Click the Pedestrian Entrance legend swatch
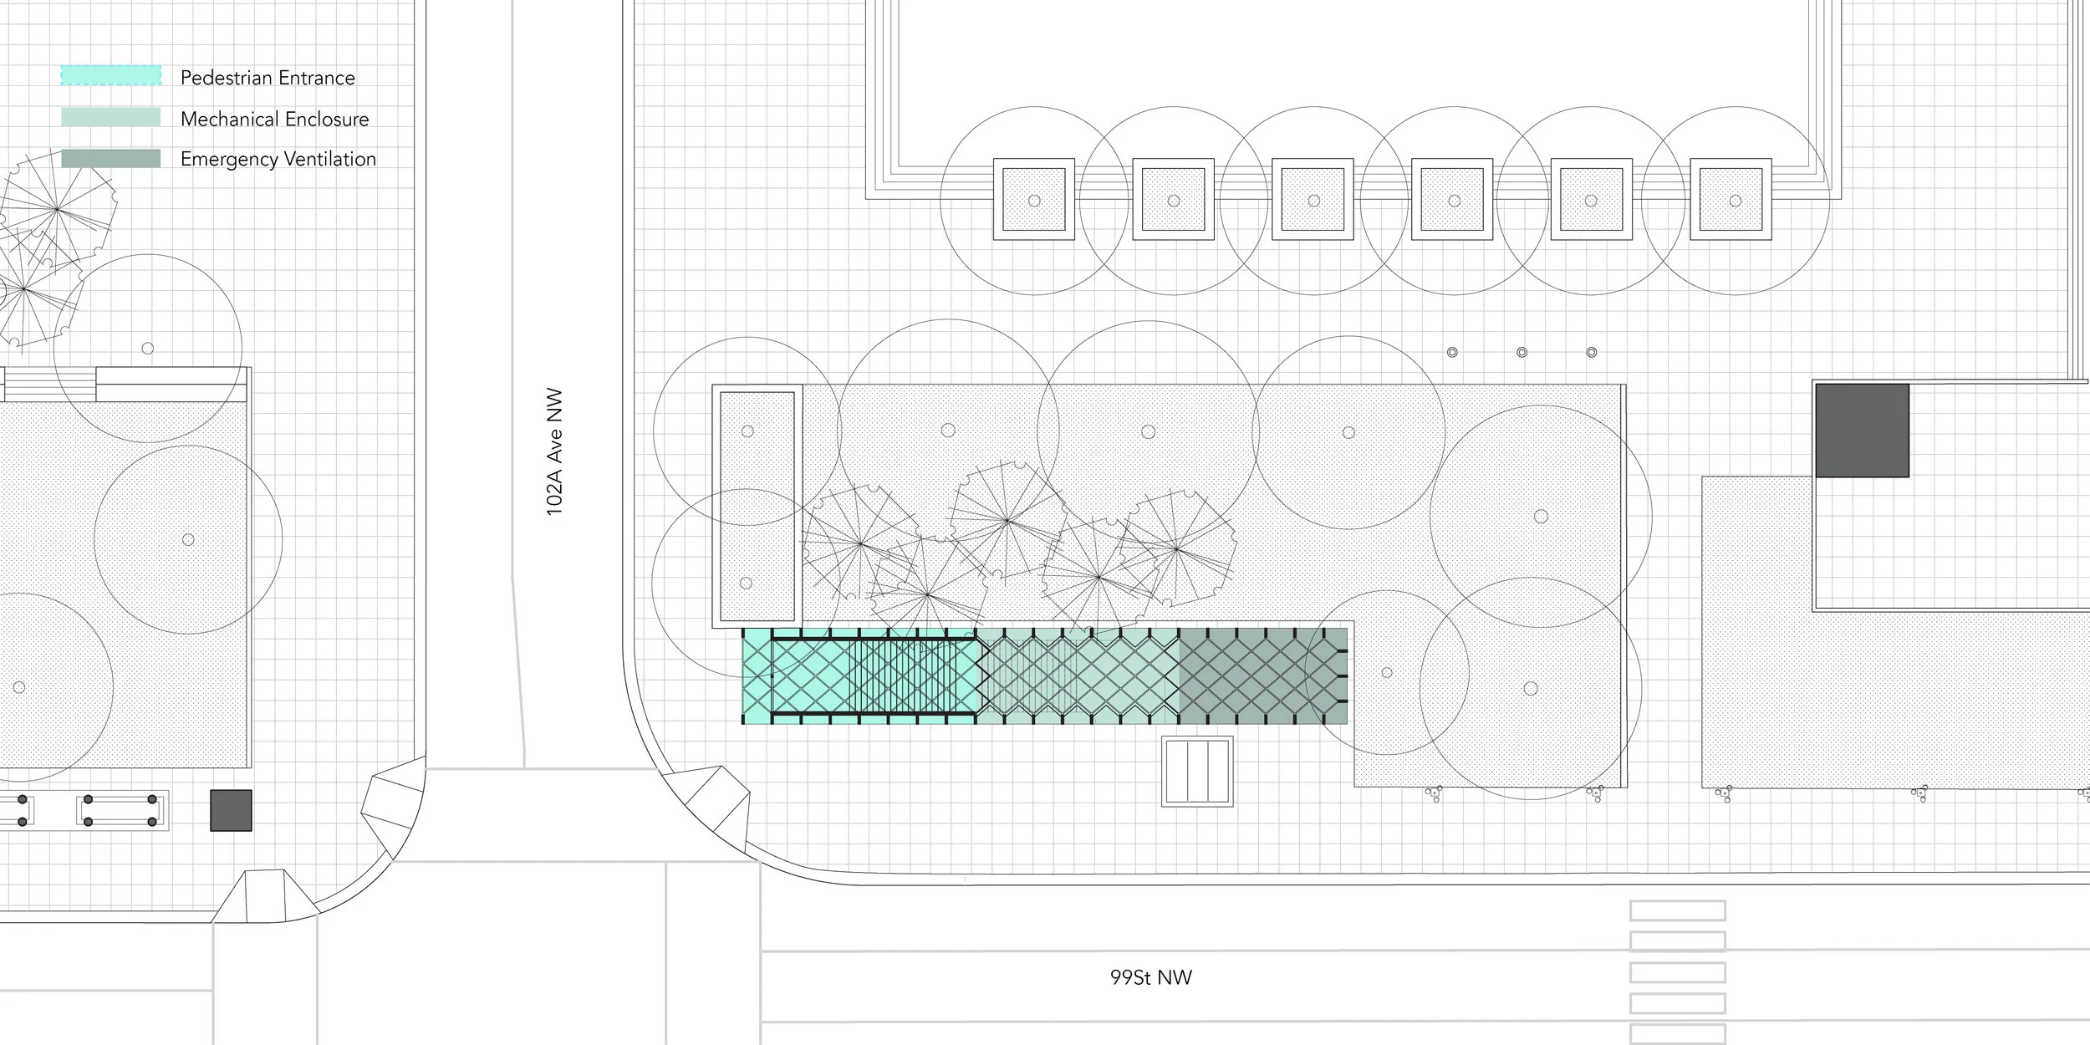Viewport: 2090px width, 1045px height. click(110, 74)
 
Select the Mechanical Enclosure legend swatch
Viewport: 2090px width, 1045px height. click(110, 117)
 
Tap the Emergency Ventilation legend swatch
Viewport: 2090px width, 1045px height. click(110, 158)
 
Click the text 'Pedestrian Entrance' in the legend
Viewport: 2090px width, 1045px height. click(268, 78)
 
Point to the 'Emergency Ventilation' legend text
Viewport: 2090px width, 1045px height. click(278, 159)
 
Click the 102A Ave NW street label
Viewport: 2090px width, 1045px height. click(554, 451)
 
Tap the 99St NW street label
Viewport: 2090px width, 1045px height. click(1151, 977)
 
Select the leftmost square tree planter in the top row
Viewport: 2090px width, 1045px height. click(1033, 200)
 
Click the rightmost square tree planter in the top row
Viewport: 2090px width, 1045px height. click(1731, 200)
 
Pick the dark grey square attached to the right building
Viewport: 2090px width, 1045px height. click(1862, 431)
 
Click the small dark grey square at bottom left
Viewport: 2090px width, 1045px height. click(231, 810)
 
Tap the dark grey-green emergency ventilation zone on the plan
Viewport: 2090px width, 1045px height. click(1262, 676)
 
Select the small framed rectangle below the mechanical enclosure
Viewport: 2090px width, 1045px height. click(1197, 771)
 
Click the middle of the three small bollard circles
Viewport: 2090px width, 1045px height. click(1522, 353)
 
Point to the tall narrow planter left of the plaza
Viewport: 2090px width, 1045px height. click(757, 506)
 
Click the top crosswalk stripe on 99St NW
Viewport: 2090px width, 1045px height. click(1678, 910)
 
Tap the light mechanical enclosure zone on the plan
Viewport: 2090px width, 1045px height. click(1078, 676)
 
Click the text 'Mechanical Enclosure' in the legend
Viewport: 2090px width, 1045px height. click(274, 119)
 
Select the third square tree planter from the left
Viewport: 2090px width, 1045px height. click(1313, 200)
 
